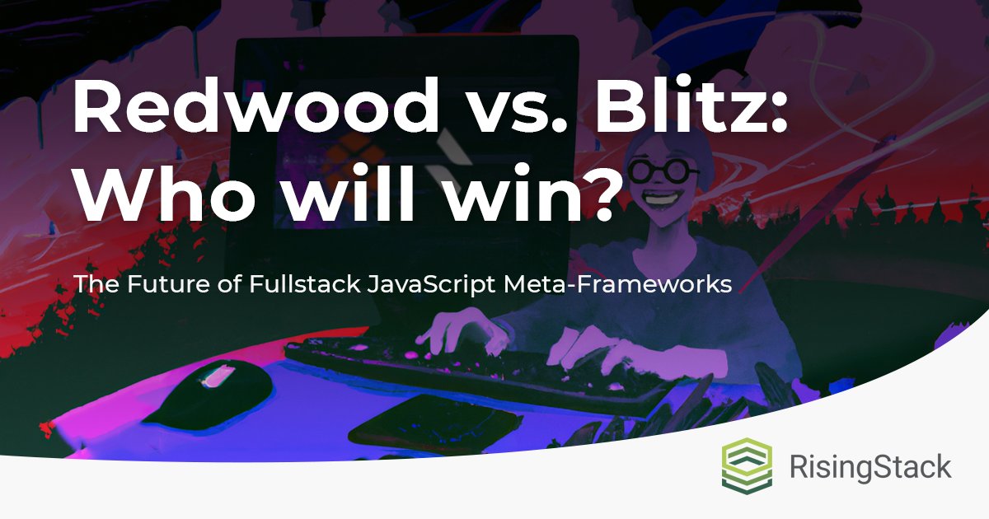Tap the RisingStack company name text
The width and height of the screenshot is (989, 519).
870,468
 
